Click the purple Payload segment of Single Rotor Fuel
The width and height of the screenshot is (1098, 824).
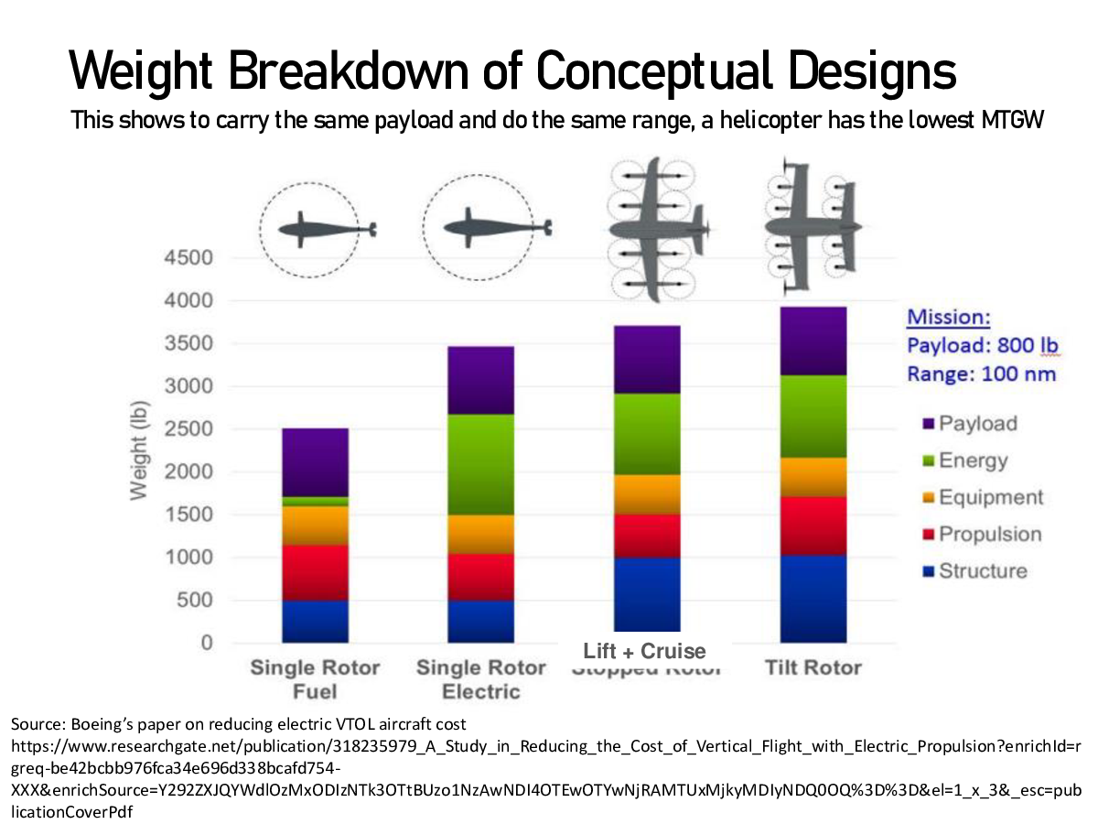[315, 462]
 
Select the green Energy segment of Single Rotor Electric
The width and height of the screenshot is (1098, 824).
[480, 464]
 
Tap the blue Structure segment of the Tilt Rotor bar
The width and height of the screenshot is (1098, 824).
[813, 598]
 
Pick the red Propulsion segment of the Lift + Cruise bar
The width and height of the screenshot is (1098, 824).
[647, 536]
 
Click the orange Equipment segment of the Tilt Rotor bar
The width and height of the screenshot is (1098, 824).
[813, 477]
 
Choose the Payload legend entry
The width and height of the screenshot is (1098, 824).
[977, 424]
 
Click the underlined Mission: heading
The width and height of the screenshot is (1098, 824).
[948, 318]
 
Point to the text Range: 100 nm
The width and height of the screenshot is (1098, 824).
[981, 374]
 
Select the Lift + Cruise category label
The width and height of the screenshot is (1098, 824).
[645, 651]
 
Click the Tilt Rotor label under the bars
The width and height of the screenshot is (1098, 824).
[813, 667]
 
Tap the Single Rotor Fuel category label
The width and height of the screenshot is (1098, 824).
[315, 678]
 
